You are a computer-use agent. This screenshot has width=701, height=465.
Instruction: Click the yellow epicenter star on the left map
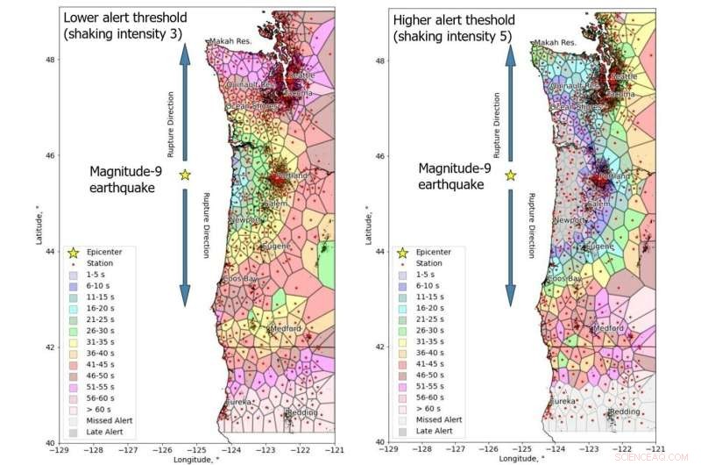click(185, 175)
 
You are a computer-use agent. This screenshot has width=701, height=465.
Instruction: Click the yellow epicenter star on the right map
click(511, 175)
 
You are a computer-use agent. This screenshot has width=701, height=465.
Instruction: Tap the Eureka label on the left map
click(239, 402)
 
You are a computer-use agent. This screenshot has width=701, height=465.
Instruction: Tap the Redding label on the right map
click(624, 411)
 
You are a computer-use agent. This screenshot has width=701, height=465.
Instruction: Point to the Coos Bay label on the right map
click(564, 279)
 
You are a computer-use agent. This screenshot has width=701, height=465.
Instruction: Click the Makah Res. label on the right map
click(556, 42)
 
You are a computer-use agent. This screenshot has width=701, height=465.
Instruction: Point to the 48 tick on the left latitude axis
click(50, 60)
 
